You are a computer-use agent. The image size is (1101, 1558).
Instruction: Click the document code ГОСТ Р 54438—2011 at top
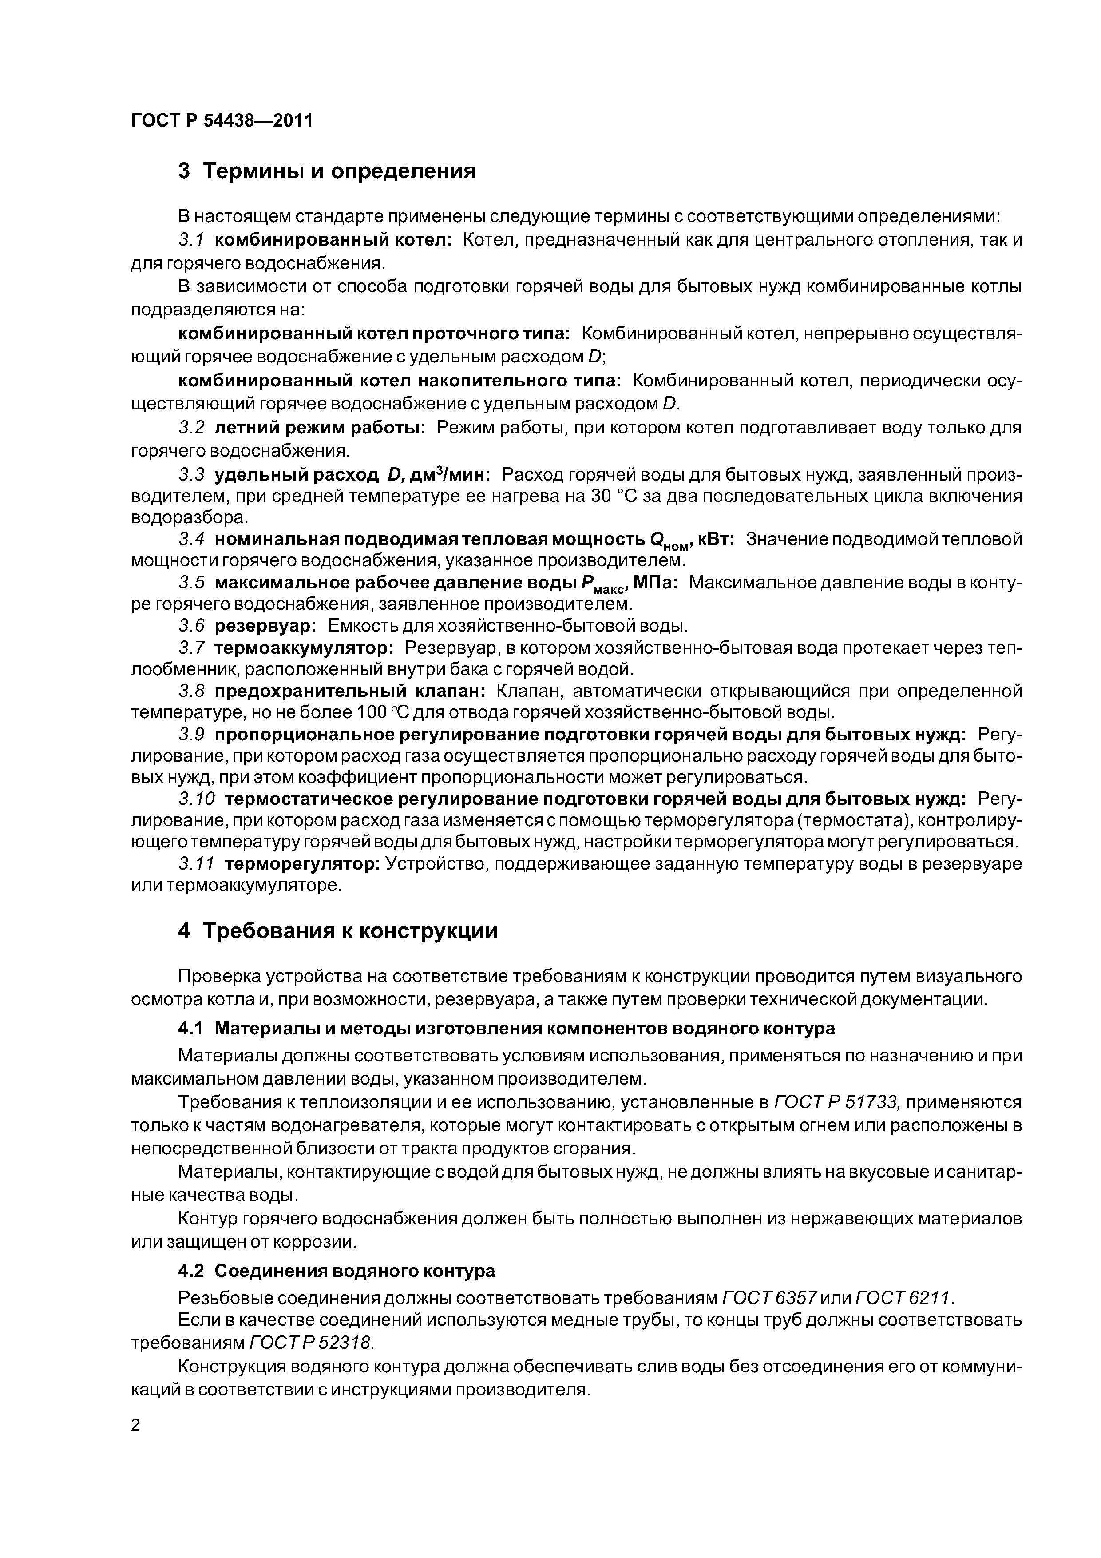222,121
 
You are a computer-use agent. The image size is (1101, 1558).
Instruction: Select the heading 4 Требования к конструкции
337,930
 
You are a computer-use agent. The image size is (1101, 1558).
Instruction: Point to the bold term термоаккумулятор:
303,648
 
